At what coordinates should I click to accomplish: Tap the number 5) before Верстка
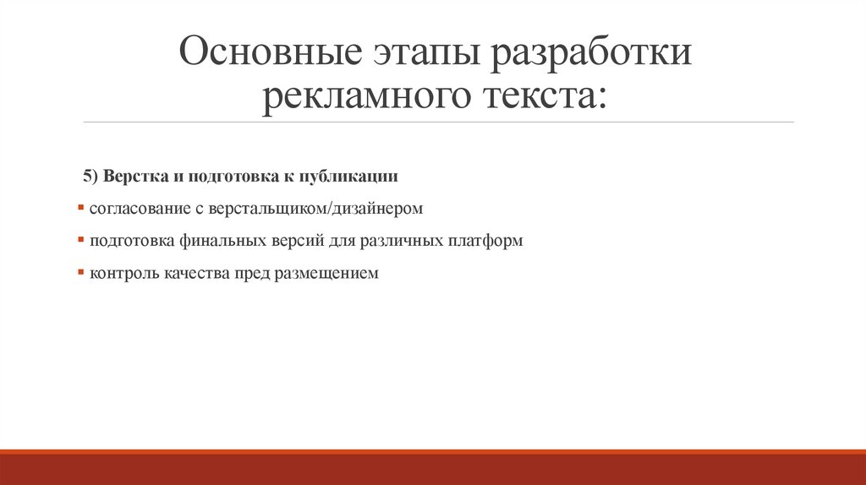tap(91, 176)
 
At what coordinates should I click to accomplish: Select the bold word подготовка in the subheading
tap(222, 176)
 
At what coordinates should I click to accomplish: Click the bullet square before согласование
tap(79, 206)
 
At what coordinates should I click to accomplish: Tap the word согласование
tap(134, 208)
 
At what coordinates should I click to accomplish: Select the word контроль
tap(119, 274)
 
